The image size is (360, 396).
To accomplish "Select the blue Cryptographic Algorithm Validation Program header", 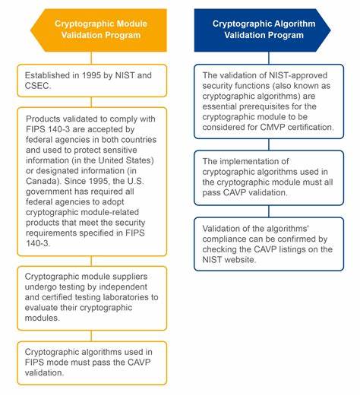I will [263, 29].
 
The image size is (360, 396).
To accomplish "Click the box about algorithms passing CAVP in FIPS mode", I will [91, 362].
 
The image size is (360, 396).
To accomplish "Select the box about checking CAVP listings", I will [263, 243].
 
